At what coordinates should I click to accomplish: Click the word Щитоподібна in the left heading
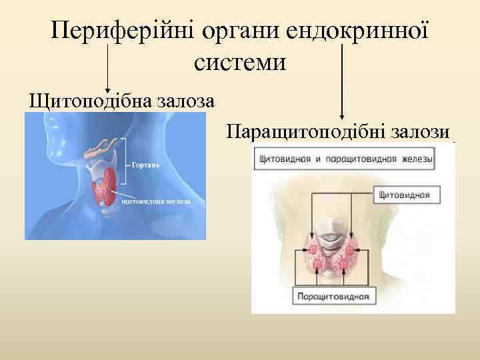pos(89,102)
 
